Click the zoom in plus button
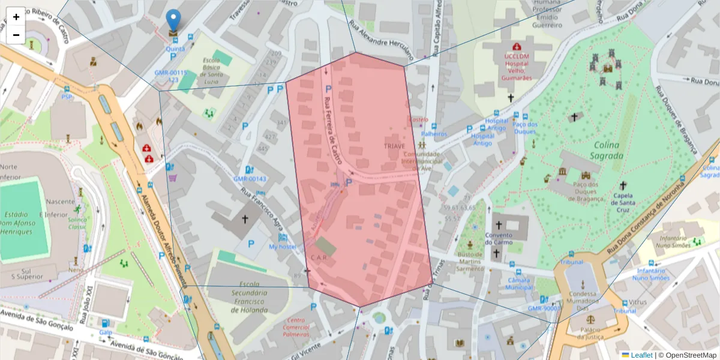click(16, 17)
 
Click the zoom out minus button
click(16, 35)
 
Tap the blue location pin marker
click(173, 22)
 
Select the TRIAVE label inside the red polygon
click(394, 146)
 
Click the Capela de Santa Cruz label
click(623, 199)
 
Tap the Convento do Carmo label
click(498, 239)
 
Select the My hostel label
click(282, 247)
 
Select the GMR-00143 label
click(250, 179)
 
